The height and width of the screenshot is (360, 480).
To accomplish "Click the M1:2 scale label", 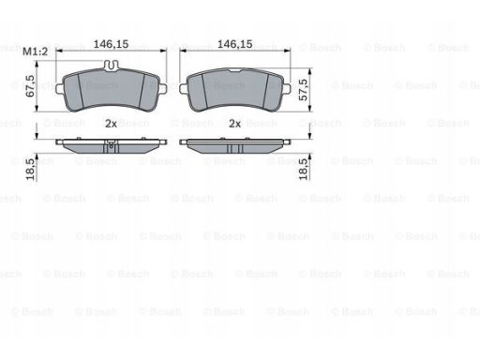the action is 36,52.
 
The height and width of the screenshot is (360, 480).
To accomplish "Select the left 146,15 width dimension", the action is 111,44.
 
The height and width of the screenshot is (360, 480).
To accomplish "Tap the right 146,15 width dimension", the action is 234,44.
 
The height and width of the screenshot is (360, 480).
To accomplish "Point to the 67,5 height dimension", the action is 30,85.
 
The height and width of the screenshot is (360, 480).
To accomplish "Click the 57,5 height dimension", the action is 303,89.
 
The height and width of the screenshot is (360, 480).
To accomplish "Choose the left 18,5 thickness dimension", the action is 30,170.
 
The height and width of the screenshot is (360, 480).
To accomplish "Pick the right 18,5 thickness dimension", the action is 303,170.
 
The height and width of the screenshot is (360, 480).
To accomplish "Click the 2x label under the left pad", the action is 111,124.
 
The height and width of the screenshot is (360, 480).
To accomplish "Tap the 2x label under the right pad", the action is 235,124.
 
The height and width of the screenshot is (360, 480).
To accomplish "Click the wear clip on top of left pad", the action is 112,65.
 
